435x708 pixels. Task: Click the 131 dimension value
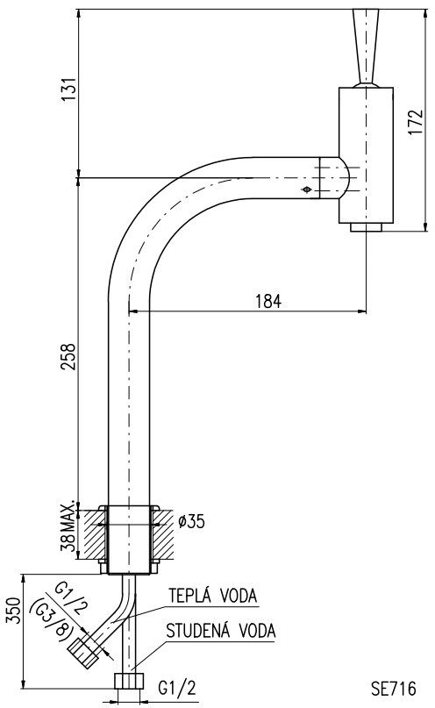click(68, 89)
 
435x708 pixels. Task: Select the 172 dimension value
click(415, 122)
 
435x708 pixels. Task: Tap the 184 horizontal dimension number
click(268, 301)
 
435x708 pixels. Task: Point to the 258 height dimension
click(68, 357)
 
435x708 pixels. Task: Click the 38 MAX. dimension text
click(68, 526)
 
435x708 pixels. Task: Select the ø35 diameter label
click(191, 521)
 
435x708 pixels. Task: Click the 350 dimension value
click(13, 611)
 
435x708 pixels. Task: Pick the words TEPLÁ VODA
click(213, 596)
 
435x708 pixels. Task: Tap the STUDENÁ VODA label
click(221, 631)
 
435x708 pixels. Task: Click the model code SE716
click(394, 689)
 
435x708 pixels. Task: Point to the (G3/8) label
click(51, 618)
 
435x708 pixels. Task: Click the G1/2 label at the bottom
click(177, 689)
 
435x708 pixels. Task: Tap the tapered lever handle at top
click(366, 47)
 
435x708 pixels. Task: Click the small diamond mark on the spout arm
click(306, 190)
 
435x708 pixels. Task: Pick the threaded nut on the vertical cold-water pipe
click(130, 681)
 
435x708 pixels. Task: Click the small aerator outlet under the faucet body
click(366, 227)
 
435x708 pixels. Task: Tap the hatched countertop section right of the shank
click(162, 534)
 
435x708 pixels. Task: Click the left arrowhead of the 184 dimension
click(133, 311)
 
